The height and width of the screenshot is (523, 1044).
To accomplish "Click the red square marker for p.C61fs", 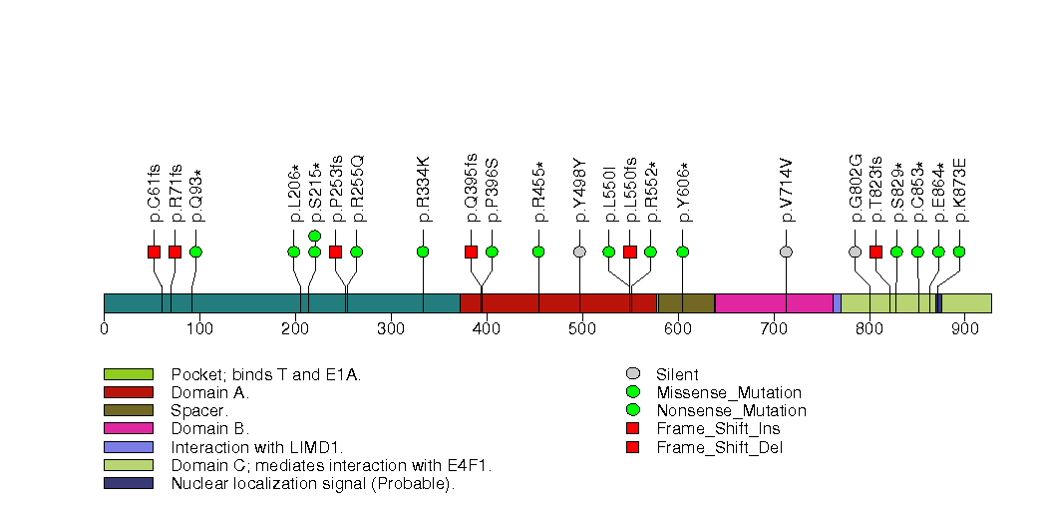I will click(154, 252).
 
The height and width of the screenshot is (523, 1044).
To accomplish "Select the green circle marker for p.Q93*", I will click(195, 252).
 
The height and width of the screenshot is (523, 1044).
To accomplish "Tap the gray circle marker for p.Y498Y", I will click(579, 252).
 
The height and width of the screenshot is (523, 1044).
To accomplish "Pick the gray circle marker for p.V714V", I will click(786, 252).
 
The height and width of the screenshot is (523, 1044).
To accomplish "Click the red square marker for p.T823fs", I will click(875, 252).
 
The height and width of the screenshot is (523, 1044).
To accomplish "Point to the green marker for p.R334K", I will click(423, 252).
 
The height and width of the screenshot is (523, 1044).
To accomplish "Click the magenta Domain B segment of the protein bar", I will click(774, 303).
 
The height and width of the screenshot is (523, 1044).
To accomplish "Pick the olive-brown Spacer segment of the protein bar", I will click(686, 303).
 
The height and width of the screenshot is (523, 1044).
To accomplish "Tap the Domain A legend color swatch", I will click(128, 392).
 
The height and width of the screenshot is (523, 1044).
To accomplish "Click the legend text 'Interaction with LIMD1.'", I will click(255, 446).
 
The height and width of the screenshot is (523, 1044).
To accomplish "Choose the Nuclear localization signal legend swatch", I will click(128, 483).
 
